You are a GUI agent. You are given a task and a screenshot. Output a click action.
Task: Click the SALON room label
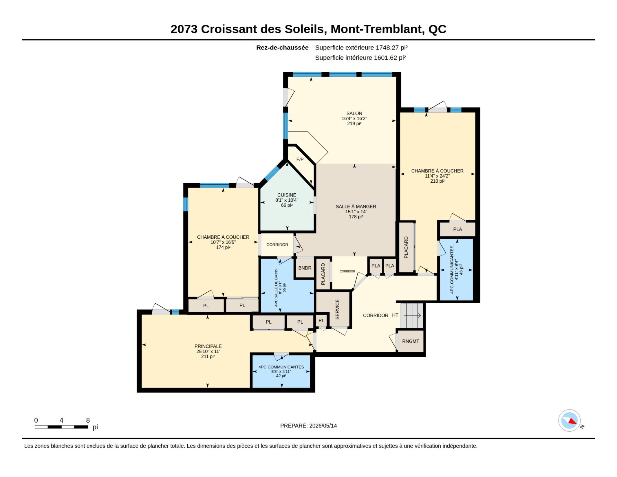(x=354, y=114)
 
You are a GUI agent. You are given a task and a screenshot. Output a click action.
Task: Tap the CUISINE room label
(x=287, y=195)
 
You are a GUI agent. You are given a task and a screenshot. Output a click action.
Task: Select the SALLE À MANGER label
(x=356, y=206)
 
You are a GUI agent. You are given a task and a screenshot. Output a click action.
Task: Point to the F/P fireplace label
(x=300, y=160)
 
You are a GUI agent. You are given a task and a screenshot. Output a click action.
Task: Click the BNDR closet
(x=305, y=268)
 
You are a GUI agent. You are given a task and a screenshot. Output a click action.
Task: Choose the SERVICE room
(x=333, y=309)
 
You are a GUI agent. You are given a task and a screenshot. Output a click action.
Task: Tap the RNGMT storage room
(x=411, y=341)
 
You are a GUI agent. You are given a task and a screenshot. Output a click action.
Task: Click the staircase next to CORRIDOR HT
(x=412, y=316)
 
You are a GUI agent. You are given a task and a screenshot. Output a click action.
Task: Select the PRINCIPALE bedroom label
(x=208, y=346)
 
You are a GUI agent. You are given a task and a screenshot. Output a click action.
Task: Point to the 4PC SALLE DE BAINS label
(x=276, y=288)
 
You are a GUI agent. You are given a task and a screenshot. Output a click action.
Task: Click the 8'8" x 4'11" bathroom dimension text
(x=281, y=372)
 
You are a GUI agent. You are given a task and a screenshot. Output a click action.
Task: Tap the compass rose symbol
(x=569, y=420)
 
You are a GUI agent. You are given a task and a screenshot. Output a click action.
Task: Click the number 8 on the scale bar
(x=88, y=420)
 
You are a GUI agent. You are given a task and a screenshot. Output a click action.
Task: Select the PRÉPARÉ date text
(x=308, y=426)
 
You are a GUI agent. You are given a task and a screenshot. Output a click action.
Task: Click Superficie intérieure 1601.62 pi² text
(x=361, y=58)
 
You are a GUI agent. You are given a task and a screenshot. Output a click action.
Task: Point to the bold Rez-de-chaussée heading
(x=282, y=48)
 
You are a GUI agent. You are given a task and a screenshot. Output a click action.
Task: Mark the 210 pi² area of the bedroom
(x=437, y=181)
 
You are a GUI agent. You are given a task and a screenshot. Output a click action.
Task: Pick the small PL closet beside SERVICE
(x=321, y=321)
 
